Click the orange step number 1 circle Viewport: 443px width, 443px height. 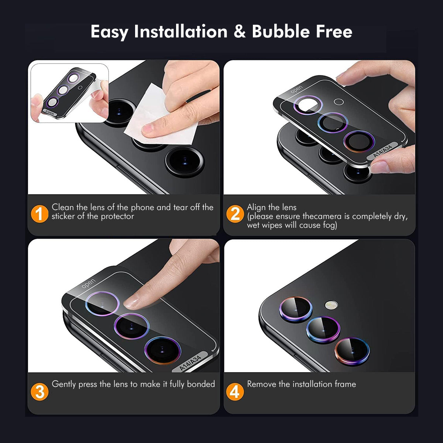point(40,214)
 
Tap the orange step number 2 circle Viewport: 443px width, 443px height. point(235,214)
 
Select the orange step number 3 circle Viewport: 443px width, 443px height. point(40,392)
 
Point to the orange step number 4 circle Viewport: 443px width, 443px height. point(235,392)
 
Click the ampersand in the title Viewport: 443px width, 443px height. point(239,32)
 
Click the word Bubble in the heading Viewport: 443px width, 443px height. point(281,32)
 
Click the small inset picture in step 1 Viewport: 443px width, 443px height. point(69,93)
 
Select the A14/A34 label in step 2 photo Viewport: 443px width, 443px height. point(382,150)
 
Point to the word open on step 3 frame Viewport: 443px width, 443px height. point(88,284)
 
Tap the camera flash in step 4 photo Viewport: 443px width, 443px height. point(331,305)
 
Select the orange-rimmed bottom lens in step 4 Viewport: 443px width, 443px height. point(352,351)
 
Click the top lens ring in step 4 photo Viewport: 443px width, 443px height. point(296,309)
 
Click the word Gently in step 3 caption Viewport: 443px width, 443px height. point(64,384)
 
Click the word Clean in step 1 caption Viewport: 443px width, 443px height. point(63,207)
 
